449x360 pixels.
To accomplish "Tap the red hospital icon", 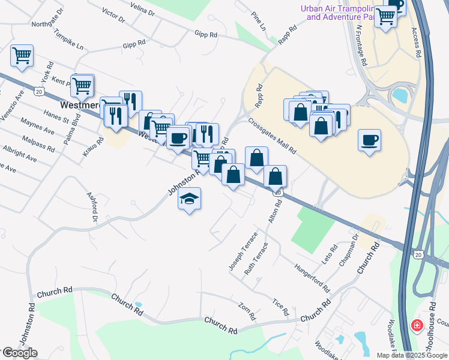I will (415, 326).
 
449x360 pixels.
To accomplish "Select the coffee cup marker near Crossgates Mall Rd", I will (369, 140).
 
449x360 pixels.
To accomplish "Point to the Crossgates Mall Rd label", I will (273, 136).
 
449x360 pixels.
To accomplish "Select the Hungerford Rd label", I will (312, 277).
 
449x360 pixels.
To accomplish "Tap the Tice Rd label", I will (280, 307).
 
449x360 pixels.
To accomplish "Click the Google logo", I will (19, 353).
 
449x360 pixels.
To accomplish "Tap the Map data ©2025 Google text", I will (412, 355).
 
